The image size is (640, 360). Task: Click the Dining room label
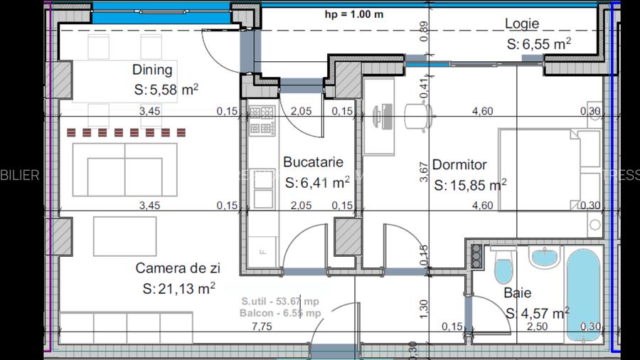pos(152,70)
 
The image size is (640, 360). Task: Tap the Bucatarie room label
pos(313,163)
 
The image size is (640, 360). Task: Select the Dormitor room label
pos(459,165)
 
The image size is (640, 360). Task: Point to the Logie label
pos(522,23)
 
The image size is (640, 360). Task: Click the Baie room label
pos(517,292)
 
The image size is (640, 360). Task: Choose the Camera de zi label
pos(178,268)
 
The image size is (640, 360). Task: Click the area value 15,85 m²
pos(469,185)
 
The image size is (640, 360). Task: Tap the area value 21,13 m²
pos(178,288)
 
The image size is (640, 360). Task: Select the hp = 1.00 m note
pos(354,14)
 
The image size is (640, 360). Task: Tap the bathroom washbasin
pos(544,258)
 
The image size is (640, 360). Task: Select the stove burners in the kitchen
pos(261,121)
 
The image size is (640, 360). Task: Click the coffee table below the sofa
pos(124,236)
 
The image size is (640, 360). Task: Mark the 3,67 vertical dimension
pos(424,173)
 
